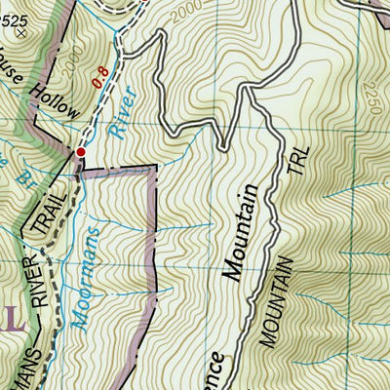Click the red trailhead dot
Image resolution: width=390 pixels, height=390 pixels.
click(81, 152)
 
